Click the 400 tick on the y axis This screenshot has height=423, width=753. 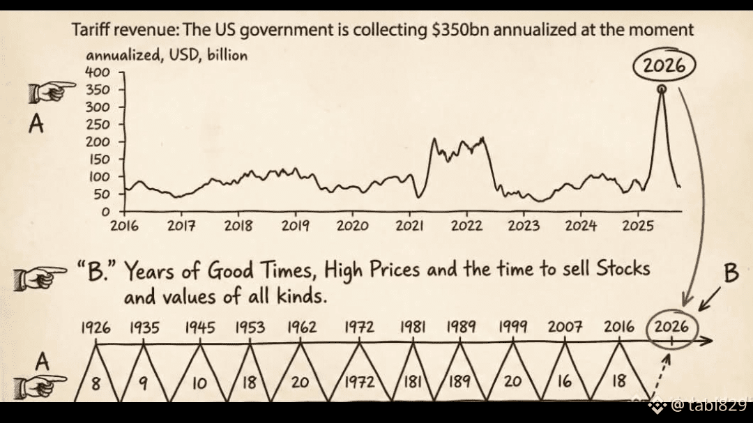coord(97,72)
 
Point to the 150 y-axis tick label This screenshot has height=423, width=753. coord(97,159)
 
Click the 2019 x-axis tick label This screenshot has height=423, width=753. coord(296,226)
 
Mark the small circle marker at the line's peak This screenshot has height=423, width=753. coord(661,89)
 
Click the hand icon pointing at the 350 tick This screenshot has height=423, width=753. coord(52,90)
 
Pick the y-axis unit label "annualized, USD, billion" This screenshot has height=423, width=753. coord(167,55)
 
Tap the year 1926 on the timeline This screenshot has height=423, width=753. coord(96,326)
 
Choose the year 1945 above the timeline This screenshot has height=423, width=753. coord(200,326)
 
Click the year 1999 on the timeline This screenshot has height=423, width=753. coord(512,326)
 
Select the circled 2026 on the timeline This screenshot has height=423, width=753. coord(671,327)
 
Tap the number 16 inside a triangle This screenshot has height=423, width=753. coord(564,380)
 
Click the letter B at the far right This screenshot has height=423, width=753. coord(730,274)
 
